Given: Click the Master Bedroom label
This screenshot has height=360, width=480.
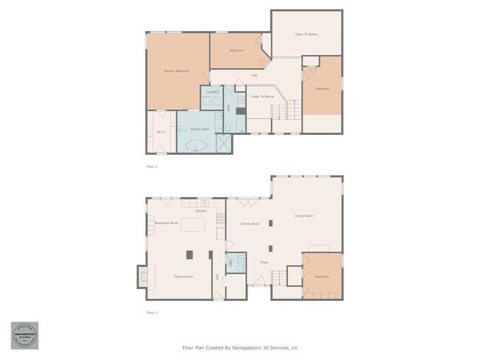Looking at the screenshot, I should point(176,71).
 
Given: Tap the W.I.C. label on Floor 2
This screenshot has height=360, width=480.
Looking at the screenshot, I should point(161,132).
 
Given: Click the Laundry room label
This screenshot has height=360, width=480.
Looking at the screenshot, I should point(213,91).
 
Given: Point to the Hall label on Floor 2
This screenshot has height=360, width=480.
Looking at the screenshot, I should point(254,75).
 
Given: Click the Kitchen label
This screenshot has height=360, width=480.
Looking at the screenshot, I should point(200,211).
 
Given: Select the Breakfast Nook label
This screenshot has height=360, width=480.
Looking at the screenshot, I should point(166,223).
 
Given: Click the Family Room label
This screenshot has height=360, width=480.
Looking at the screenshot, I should point(184,276).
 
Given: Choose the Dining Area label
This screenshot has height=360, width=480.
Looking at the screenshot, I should point(250,223).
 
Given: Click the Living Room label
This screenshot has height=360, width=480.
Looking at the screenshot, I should point(304,216).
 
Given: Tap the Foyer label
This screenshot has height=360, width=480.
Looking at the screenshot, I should point(264,262).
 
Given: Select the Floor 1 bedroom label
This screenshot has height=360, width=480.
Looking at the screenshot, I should point(322,277).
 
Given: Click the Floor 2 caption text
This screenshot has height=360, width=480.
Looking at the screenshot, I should point(152,167).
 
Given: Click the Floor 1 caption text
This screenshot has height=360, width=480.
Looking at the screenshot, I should point(152,312).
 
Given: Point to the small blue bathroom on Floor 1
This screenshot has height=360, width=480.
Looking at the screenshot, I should point(235,263).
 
